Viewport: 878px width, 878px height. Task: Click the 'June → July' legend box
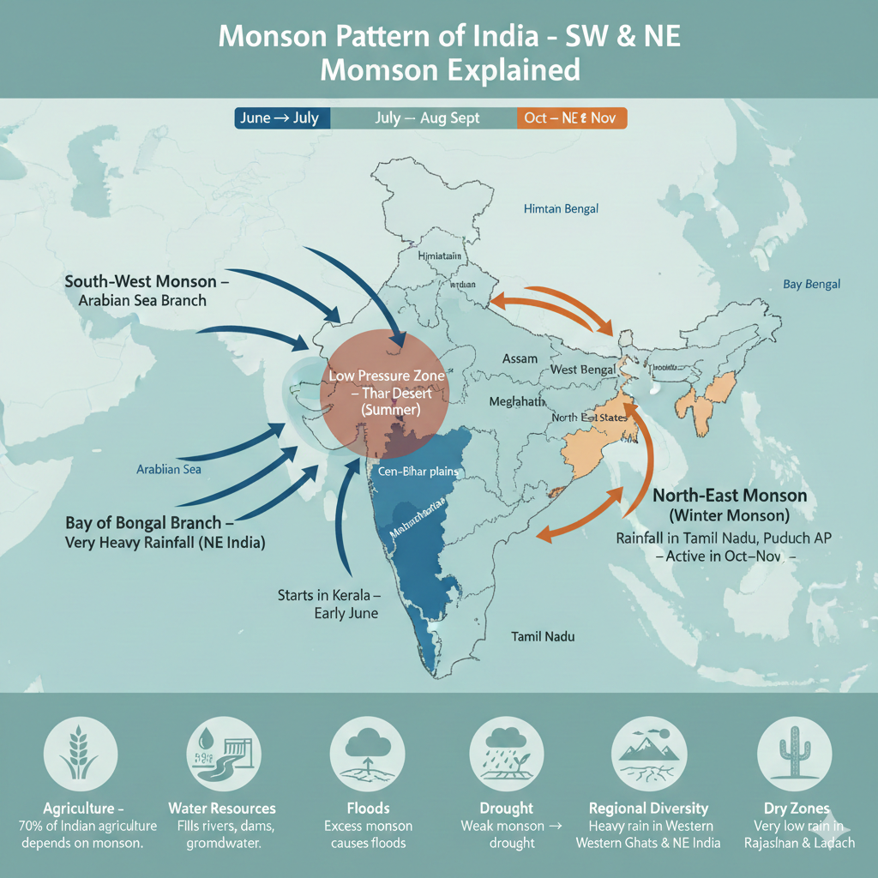click(280, 118)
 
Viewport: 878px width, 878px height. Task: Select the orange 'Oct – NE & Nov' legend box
click(572, 118)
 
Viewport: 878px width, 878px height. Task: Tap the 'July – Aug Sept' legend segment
click(427, 118)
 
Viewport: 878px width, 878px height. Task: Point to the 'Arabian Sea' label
click(169, 469)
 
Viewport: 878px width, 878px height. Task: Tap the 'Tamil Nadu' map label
click(543, 636)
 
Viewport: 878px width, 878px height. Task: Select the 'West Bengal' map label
click(583, 369)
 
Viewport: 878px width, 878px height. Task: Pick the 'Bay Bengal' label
click(811, 285)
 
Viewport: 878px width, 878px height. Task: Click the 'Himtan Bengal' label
click(561, 208)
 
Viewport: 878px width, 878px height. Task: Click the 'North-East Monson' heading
click(729, 496)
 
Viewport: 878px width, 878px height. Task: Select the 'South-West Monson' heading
click(150, 281)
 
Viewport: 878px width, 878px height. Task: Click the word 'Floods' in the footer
click(367, 808)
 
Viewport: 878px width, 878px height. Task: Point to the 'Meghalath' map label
click(517, 400)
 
